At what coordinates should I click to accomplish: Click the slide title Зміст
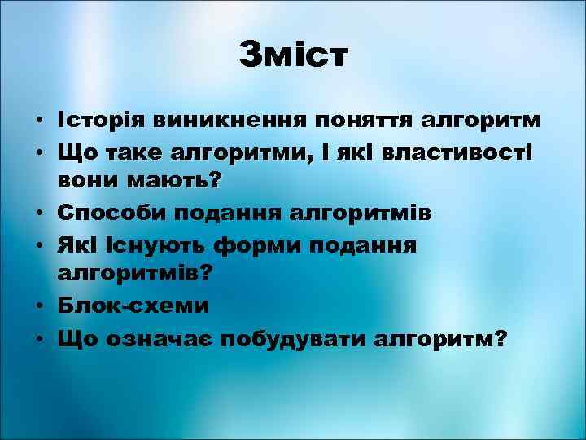(293, 55)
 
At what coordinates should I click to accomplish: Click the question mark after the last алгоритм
(497, 337)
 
